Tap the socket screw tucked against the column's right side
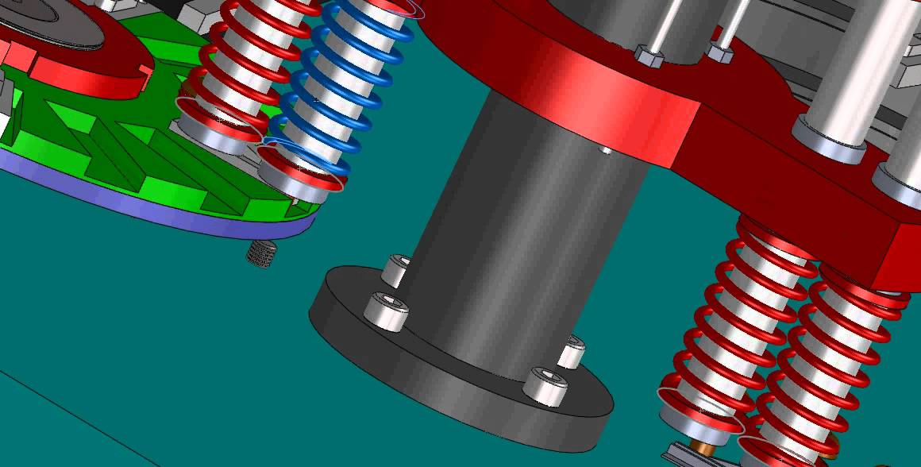(x=572, y=351)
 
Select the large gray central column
(x=508, y=238)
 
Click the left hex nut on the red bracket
(x=648, y=56)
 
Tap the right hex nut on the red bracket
(x=719, y=54)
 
